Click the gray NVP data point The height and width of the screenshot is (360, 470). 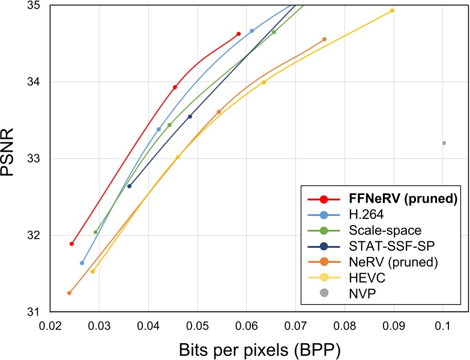444,143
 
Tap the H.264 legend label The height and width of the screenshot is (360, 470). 366,214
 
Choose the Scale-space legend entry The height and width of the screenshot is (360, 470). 385,230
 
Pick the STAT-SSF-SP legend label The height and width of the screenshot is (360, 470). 391,246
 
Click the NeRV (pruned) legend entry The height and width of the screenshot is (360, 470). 393,262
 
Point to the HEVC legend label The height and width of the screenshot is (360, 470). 367,278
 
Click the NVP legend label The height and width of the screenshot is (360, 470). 362,293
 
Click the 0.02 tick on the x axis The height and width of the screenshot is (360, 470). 50,326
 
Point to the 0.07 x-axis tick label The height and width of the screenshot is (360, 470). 295,326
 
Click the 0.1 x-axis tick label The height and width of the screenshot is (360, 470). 442,326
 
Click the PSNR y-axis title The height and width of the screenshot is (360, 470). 7,152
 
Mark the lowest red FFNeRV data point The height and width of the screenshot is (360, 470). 71,244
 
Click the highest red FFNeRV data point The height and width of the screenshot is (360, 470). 238,34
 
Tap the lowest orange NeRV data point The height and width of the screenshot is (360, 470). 69,293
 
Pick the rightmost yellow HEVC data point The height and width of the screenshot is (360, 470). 392,10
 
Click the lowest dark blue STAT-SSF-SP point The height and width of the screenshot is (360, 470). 130,186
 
